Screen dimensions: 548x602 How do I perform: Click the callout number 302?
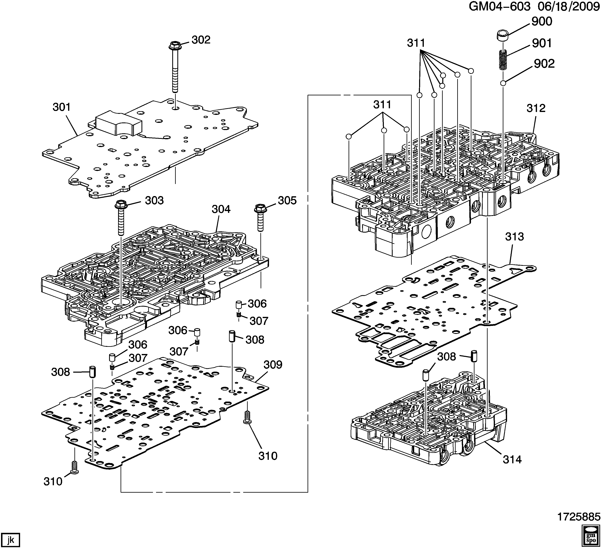[201, 40]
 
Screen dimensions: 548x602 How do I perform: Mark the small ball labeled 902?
[503, 83]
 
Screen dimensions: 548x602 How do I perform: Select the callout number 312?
[536, 108]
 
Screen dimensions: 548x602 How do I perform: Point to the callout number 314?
[512, 460]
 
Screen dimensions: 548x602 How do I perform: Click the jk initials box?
[10, 532]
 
